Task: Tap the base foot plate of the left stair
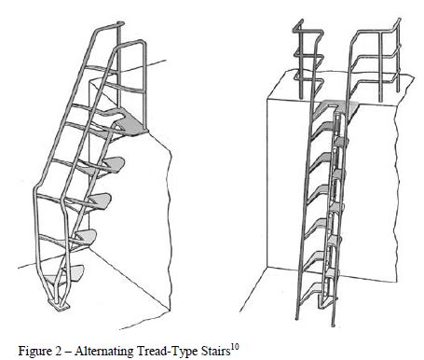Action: tap(59, 305)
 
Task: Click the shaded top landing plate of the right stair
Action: tap(337, 106)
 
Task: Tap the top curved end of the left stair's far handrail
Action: tap(120, 23)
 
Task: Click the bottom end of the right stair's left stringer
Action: tap(297, 317)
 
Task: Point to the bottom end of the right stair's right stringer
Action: tap(333, 324)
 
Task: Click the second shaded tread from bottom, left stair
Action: tap(85, 237)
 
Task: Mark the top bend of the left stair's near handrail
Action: tap(142, 42)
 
